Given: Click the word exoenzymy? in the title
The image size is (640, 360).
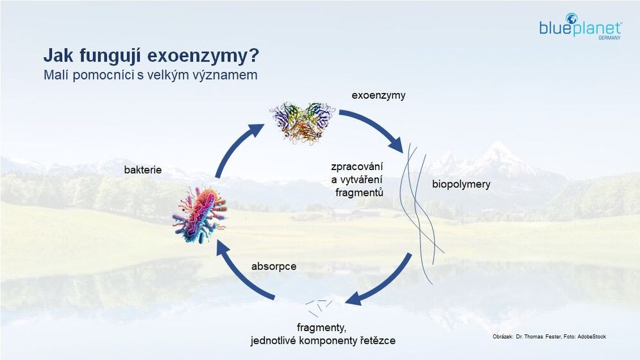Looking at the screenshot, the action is (x=203, y=56).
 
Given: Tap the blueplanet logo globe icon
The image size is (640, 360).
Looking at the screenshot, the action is (x=571, y=19).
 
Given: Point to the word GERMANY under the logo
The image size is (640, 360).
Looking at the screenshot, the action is (x=609, y=38).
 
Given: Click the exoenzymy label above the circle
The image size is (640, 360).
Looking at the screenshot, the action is (x=378, y=96).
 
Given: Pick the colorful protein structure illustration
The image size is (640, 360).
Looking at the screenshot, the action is (x=303, y=122).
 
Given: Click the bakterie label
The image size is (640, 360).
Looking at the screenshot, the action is (x=143, y=169).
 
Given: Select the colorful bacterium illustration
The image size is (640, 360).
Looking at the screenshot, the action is (x=199, y=214).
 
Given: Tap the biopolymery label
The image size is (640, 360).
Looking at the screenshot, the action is (x=461, y=184).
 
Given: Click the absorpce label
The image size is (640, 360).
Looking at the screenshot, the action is (x=274, y=266).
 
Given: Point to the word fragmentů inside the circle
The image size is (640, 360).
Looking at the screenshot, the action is (x=359, y=192).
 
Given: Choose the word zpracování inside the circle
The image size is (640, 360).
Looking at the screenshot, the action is (x=357, y=167).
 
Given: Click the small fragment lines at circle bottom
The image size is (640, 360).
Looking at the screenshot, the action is (x=319, y=307).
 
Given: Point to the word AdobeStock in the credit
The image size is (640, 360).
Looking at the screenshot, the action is (x=591, y=337).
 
